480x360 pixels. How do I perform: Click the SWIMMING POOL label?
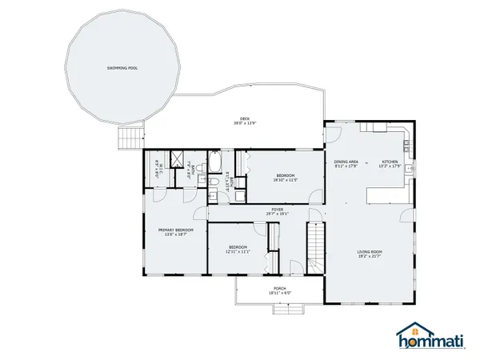click(122, 69)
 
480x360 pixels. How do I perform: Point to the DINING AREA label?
click(346, 162)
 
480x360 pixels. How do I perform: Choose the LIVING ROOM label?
click(370, 252)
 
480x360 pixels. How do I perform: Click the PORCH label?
click(279, 288)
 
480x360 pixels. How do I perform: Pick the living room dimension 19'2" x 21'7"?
click(370, 257)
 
